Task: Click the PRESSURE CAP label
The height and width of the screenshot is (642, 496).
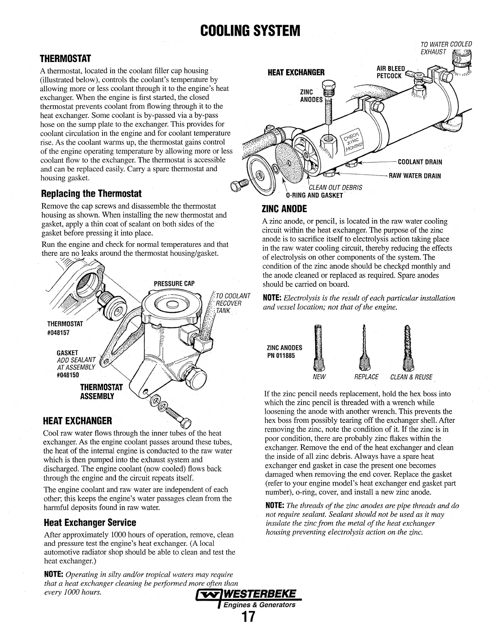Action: click(x=174, y=283)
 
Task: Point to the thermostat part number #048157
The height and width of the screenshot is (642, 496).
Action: click(x=58, y=332)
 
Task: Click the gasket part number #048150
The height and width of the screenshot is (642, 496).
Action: click(x=68, y=374)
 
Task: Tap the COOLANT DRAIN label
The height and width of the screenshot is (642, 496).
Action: click(x=420, y=162)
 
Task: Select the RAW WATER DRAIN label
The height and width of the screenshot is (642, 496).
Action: click(x=415, y=176)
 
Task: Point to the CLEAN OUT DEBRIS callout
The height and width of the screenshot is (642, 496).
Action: click(x=335, y=187)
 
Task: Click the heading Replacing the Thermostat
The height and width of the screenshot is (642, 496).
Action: click(x=92, y=193)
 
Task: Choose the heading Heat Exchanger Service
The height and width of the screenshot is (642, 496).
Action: click(x=89, y=522)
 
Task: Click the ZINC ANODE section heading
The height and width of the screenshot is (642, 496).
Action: click(x=285, y=209)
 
